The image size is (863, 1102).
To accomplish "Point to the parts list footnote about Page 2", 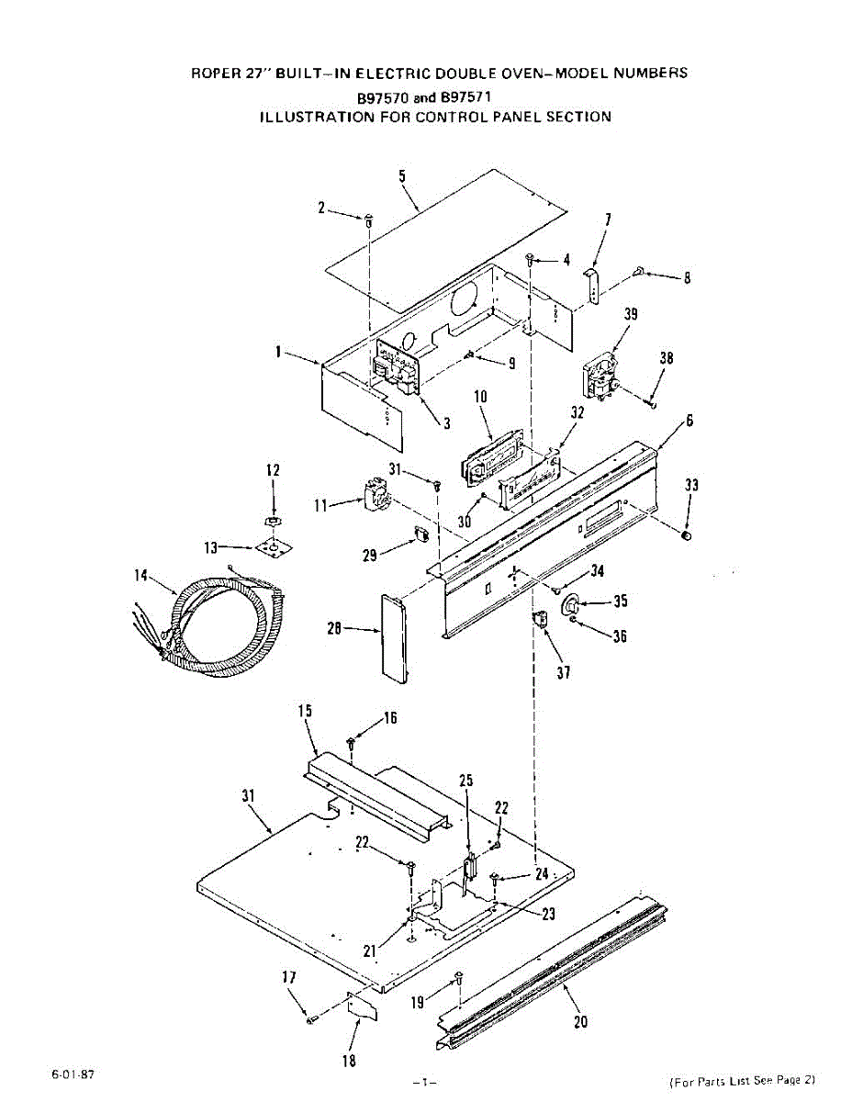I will click(x=742, y=1081).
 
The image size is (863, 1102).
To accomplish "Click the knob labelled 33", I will click(x=687, y=535).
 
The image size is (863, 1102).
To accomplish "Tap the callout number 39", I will click(x=631, y=314).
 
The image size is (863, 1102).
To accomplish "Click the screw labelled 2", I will click(x=368, y=219).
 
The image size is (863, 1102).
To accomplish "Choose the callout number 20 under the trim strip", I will click(x=580, y=1021).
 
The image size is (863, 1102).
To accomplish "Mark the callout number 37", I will click(x=564, y=673).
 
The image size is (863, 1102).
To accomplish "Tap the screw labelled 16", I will click(x=351, y=742).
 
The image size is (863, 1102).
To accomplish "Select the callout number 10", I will click(x=480, y=397).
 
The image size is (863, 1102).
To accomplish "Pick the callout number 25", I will click(x=466, y=781).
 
